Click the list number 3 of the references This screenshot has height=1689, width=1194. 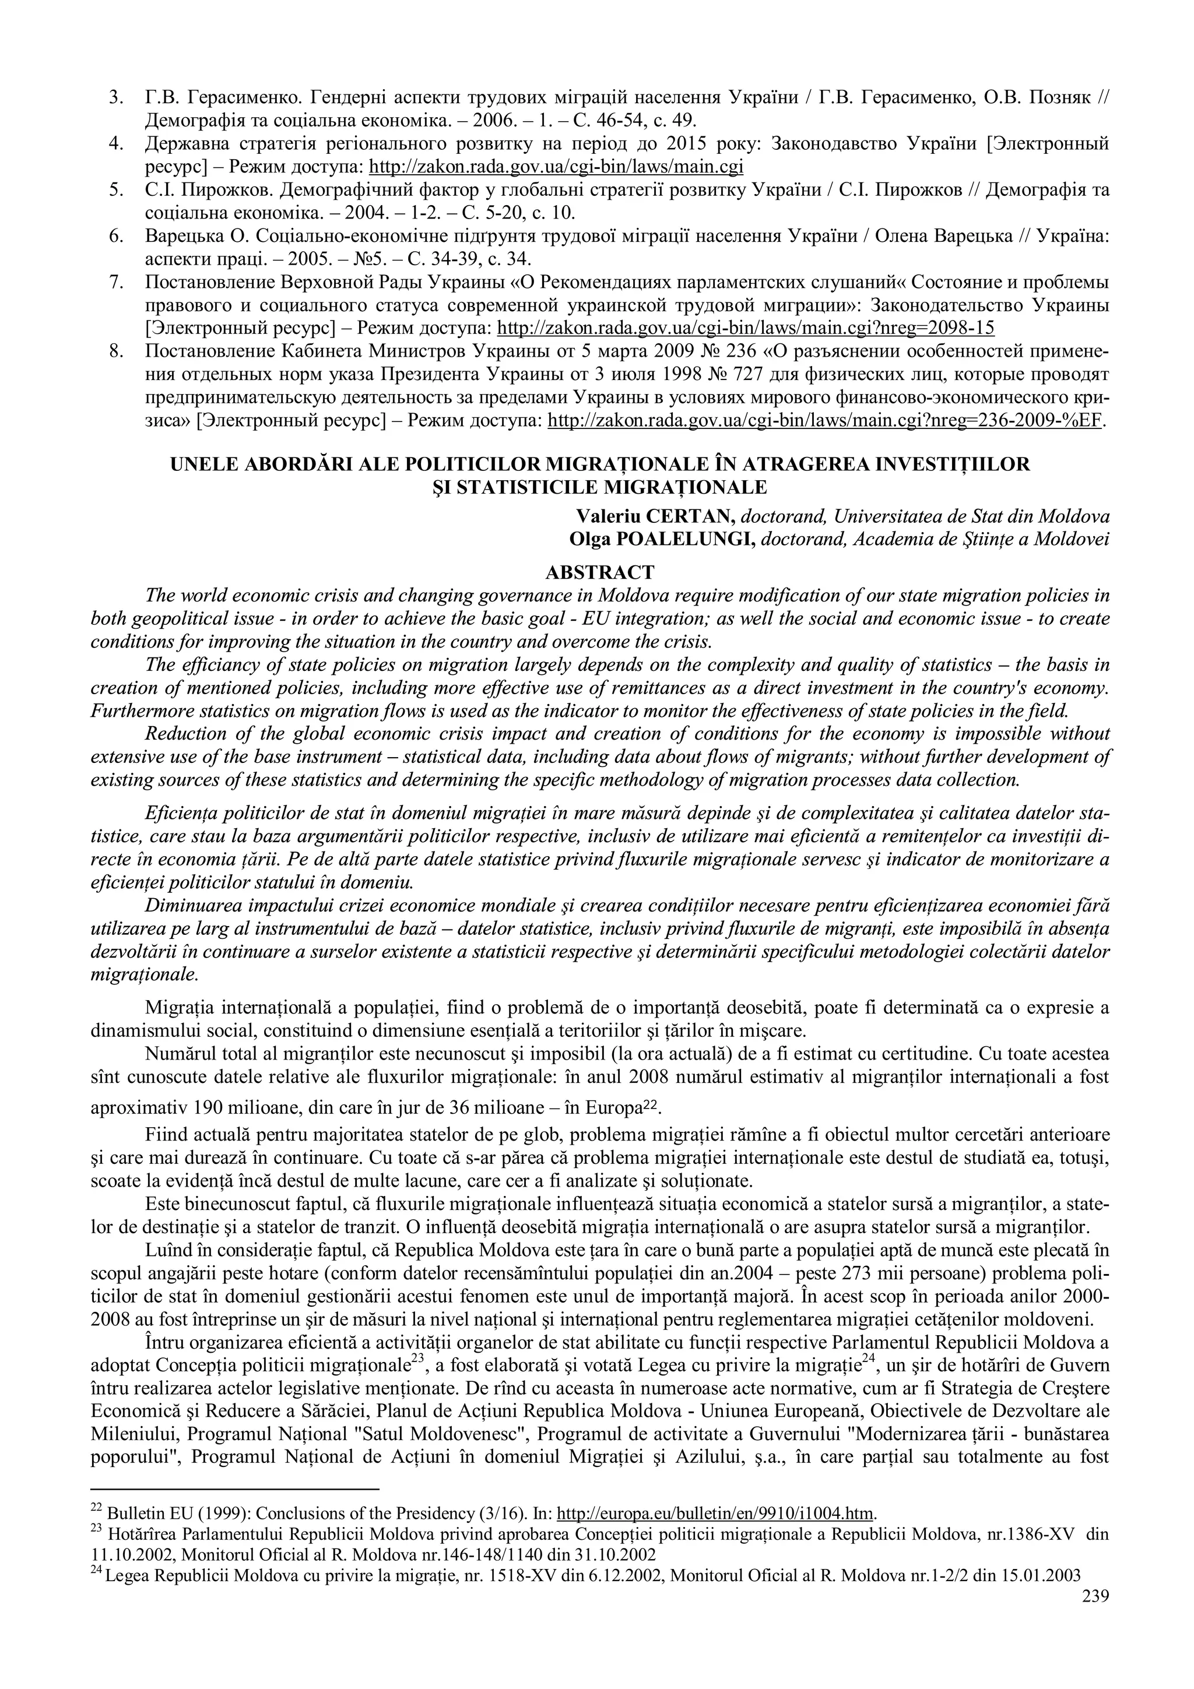(x=115, y=97)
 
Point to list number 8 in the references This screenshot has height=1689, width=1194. (x=115, y=351)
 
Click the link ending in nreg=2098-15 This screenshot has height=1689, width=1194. (x=746, y=328)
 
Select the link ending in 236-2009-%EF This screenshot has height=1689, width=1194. (x=827, y=421)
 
